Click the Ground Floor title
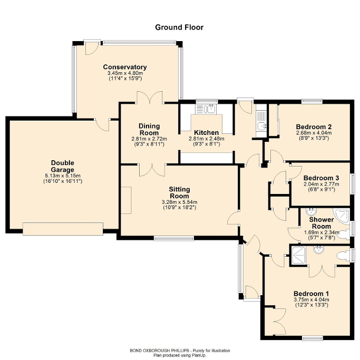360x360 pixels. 179,27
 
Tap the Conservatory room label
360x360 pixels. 124,67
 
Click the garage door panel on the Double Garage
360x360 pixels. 63,228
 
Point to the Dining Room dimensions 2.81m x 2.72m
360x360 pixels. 149,139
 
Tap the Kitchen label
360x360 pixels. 206,132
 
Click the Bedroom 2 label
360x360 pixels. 313,127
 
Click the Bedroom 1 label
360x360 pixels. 311,294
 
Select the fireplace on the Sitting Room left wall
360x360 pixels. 125,199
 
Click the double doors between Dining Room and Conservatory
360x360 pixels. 150,99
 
